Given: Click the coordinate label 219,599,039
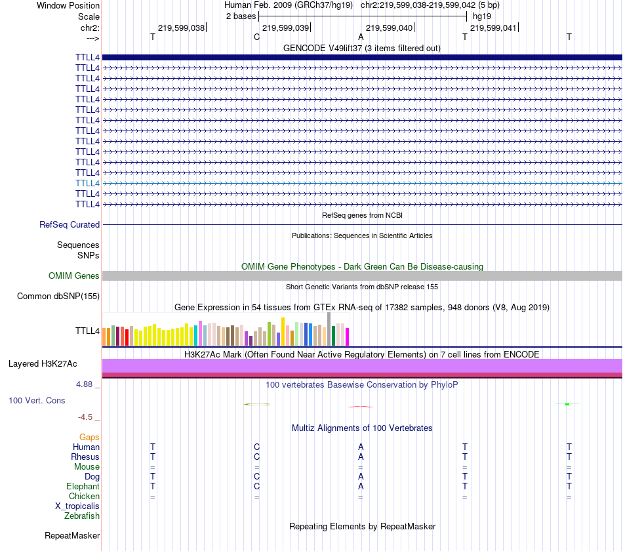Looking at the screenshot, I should tap(285, 28).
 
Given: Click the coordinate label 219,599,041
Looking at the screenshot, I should tap(493, 28).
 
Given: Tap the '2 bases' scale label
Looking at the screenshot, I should tap(241, 16).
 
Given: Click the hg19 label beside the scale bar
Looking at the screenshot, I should tap(481, 16).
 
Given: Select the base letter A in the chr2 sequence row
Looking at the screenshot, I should tap(361, 37).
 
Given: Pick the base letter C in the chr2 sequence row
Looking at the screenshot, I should tap(256, 37).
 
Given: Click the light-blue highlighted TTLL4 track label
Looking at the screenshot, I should tap(87, 183).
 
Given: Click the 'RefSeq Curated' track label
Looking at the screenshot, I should tap(70, 224).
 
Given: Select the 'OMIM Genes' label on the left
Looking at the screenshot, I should tap(74, 275).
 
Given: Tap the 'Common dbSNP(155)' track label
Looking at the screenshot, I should tap(58, 296).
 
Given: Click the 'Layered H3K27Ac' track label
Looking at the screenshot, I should tap(43, 363).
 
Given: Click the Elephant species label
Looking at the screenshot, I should tap(83, 487).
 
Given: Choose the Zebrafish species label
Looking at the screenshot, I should tap(82, 516).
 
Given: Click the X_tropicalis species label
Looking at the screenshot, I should tap(77, 506).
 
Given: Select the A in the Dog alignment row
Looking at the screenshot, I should tap(361, 476).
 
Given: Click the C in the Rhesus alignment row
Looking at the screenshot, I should tap(257, 457).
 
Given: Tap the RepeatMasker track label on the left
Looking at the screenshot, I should tap(72, 535).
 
